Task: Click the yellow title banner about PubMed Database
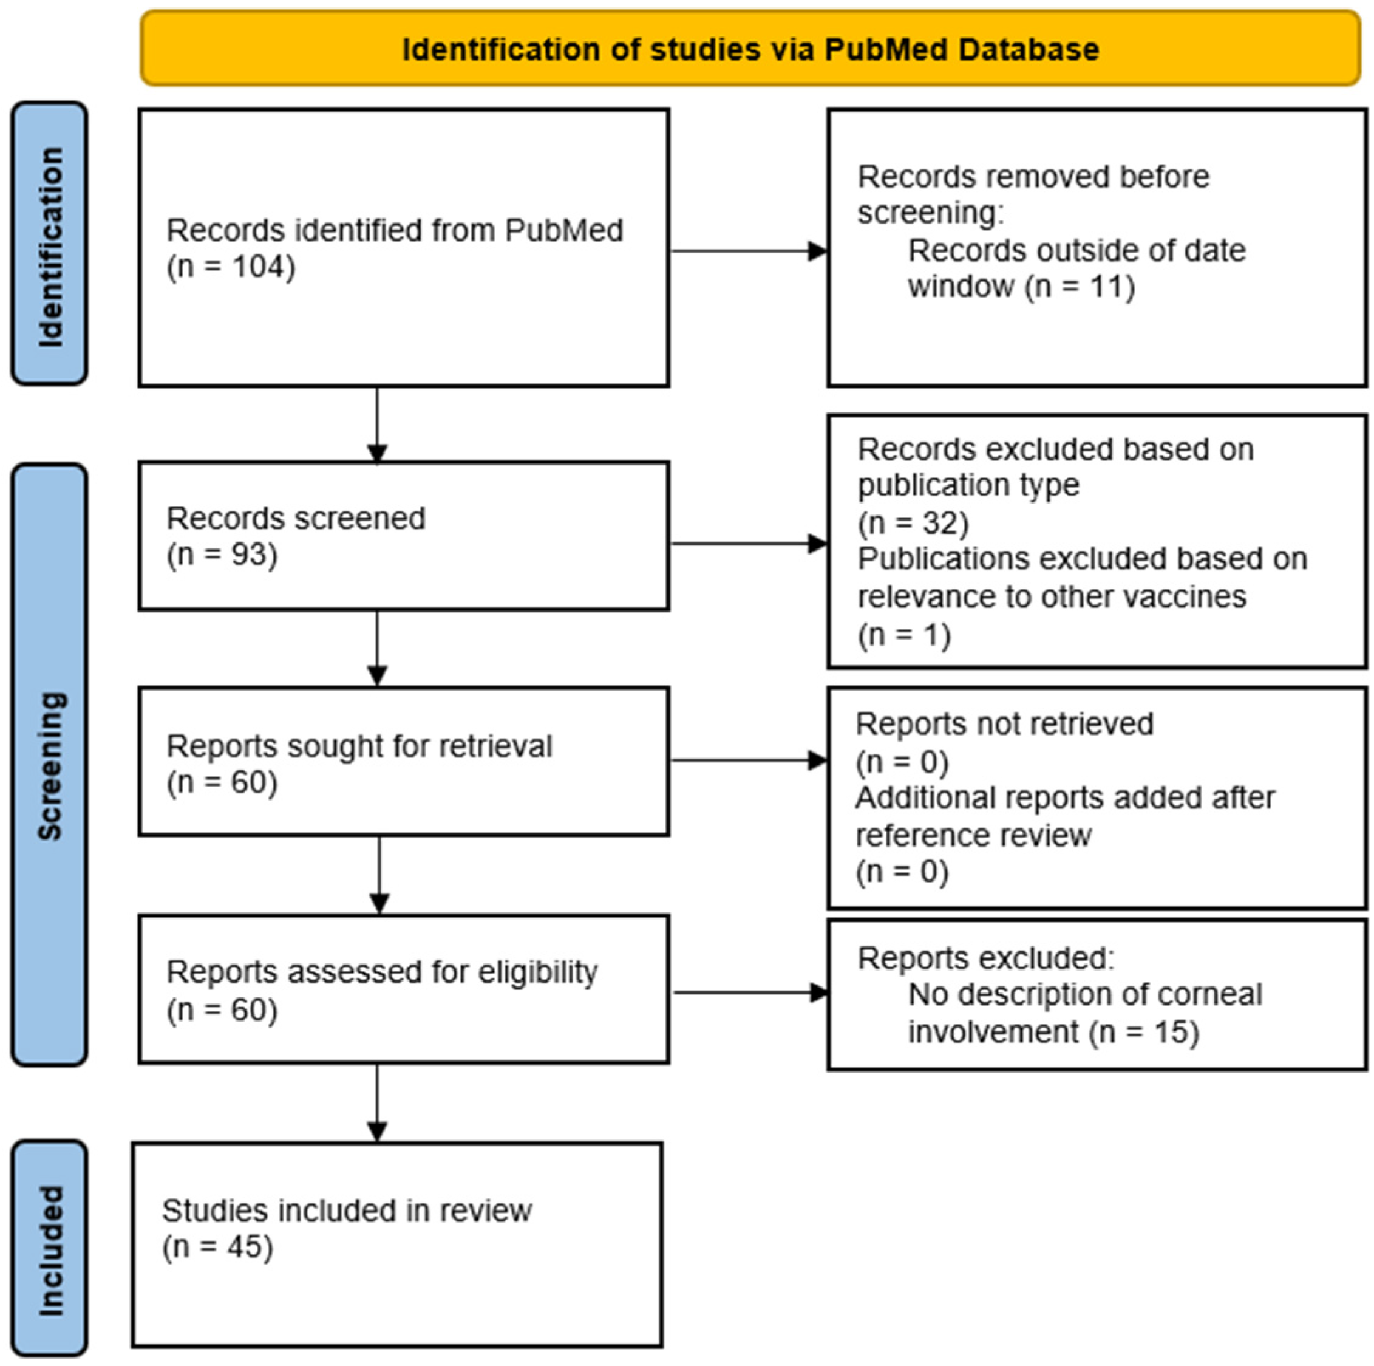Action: coord(750,49)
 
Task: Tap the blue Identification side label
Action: coord(49,244)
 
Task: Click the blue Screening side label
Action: coord(49,765)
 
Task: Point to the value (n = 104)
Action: coord(231,267)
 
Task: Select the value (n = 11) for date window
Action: coord(1080,287)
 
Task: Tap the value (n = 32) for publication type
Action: coord(913,523)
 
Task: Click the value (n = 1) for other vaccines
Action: coord(904,634)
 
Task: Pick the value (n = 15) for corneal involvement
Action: coord(1143,1031)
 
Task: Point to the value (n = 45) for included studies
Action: coord(217,1246)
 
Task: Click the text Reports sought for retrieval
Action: coord(359,746)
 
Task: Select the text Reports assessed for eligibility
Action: coord(382,972)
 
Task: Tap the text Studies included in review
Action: coord(347,1210)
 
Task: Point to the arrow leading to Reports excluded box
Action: coord(750,992)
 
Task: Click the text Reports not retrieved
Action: coord(1004,724)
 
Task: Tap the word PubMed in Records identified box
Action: coord(564,231)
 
